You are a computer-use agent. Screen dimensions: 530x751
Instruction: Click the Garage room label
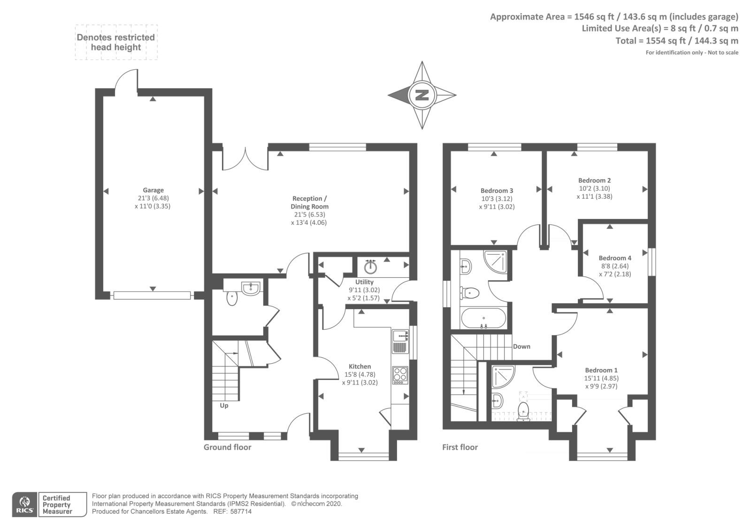153,190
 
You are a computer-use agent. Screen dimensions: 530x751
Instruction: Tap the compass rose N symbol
421,95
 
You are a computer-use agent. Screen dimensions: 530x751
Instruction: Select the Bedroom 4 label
615,258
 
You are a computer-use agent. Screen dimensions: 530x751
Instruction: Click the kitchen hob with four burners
400,375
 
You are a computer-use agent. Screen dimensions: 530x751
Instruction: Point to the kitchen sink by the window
400,341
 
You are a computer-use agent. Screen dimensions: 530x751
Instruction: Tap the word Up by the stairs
224,405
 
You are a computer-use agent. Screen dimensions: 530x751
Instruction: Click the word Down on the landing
521,347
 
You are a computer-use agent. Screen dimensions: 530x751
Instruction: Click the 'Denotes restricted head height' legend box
116,42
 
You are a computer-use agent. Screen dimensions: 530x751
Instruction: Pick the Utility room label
364,282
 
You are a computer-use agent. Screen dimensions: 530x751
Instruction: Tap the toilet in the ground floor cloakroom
232,298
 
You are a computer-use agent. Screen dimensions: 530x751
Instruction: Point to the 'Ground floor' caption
227,447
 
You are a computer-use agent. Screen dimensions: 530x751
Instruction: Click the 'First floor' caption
460,447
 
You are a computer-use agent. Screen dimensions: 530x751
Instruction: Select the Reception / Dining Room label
309,202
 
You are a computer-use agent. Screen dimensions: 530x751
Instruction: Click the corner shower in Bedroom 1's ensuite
503,377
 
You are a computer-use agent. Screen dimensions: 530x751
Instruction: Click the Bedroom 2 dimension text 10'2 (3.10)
594,189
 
